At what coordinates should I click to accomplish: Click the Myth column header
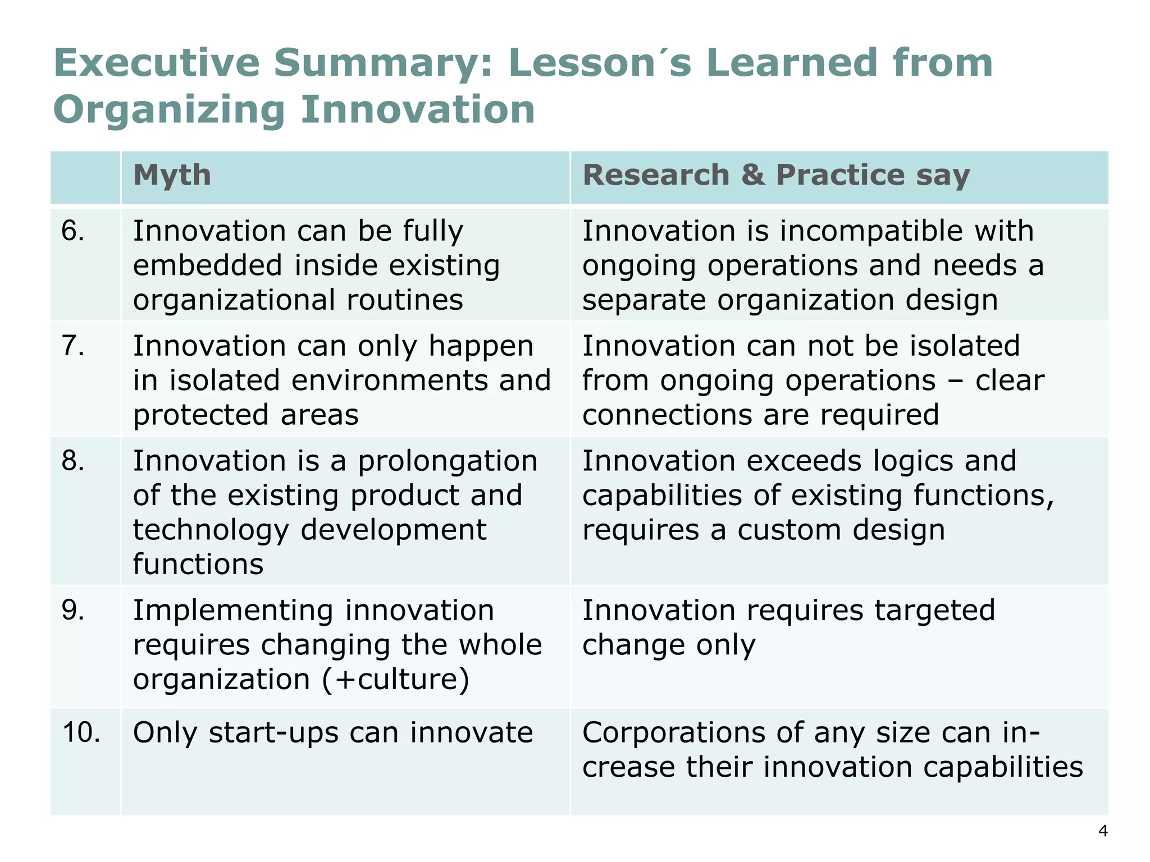pos(172,176)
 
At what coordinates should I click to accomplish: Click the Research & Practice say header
pos(776,175)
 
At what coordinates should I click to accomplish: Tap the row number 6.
pos(73,231)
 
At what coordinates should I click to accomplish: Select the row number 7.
pos(73,346)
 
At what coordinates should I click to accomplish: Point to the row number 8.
pos(73,461)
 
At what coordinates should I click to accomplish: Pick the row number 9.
pos(73,610)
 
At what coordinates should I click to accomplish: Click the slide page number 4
pos(1103,831)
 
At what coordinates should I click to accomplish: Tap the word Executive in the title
pos(157,63)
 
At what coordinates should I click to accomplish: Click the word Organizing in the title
pos(169,109)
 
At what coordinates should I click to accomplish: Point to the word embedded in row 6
pos(207,265)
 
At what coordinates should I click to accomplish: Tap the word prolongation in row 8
pos(448,462)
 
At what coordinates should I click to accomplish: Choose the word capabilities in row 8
pos(662,496)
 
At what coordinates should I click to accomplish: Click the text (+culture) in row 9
pos(396,680)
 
